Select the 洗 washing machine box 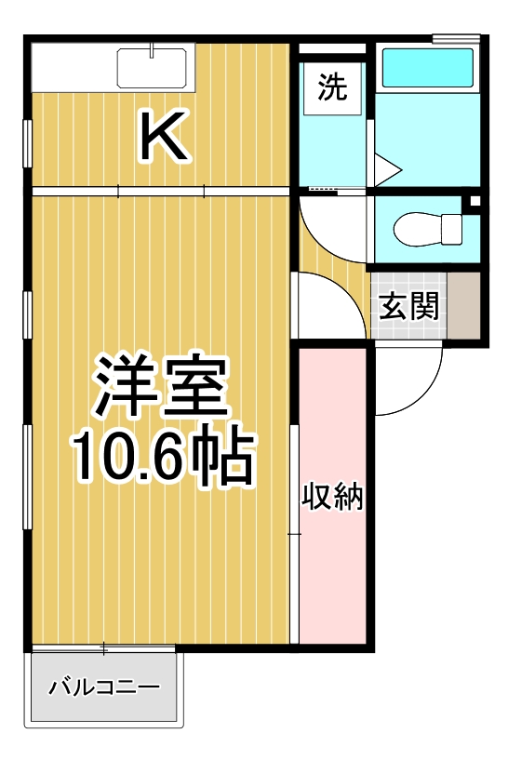pos(332,87)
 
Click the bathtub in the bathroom pos(428,68)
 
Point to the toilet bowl pos(427,227)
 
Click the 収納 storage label pos(331,498)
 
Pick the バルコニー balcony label pos(104,689)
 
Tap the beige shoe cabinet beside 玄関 pos(463,306)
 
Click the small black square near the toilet pos(474,202)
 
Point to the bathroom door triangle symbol pos(385,169)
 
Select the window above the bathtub pos(457,38)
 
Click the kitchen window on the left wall pos(28,140)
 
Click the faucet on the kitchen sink pos(152,52)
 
